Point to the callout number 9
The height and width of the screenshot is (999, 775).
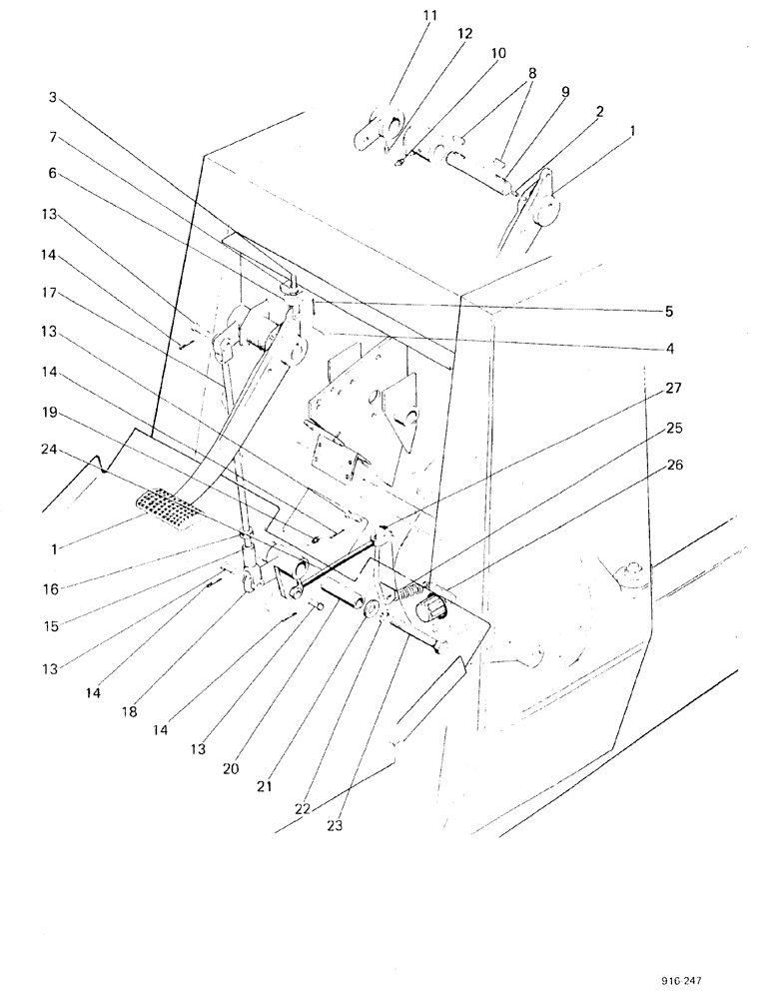coord(564,92)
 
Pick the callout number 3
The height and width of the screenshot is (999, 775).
coord(52,98)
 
